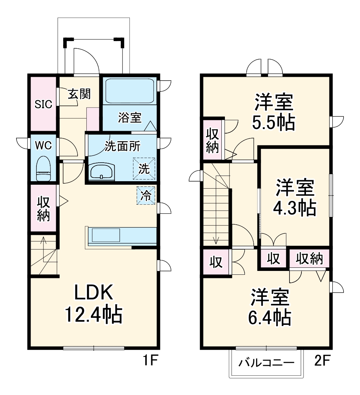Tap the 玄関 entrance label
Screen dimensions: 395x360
79,94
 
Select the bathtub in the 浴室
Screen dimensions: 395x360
129,91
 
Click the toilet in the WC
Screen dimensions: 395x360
44,168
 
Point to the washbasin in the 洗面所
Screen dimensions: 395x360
101,171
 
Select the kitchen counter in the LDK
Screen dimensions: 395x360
121,236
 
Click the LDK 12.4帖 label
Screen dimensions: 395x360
93,303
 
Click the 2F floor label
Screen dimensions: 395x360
321,361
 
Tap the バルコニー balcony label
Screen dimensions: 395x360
266,363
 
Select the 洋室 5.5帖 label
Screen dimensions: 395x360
274,112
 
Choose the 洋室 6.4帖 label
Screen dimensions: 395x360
270,307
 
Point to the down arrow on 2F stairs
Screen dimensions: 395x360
216,240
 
